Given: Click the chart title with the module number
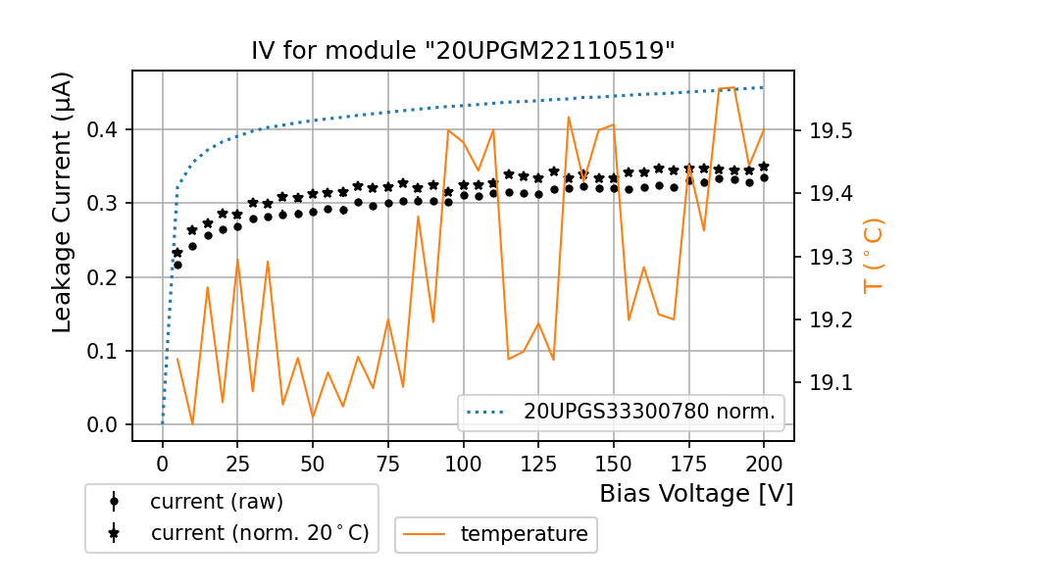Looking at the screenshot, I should pyautogui.click(x=463, y=51).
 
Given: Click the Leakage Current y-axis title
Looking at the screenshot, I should pyautogui.click(x=63, y=202).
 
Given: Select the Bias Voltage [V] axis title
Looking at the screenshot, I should pyautogui.click(x=696, y=493).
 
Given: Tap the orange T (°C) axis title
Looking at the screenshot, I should pyautogui.click(x=873, y=257).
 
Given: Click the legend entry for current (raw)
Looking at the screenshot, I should pyautogui.click(x=216, y=502).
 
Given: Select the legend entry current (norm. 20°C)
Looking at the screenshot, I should pyautogui.click(x=259, y=533).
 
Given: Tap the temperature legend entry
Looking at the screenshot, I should pyautogui.click(x=524, y=534).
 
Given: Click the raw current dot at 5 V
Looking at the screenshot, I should pyautogui.click(x=177, y=265).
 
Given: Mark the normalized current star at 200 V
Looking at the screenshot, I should pyautogui.click(x=764, y=167).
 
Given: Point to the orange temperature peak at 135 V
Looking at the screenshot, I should pyautogui.click(x=569, y=117).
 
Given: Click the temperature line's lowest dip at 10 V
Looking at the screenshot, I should pyautogui.click(x=192, y=424).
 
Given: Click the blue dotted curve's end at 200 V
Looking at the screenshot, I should pyautogui.click(x=763, y=87).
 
